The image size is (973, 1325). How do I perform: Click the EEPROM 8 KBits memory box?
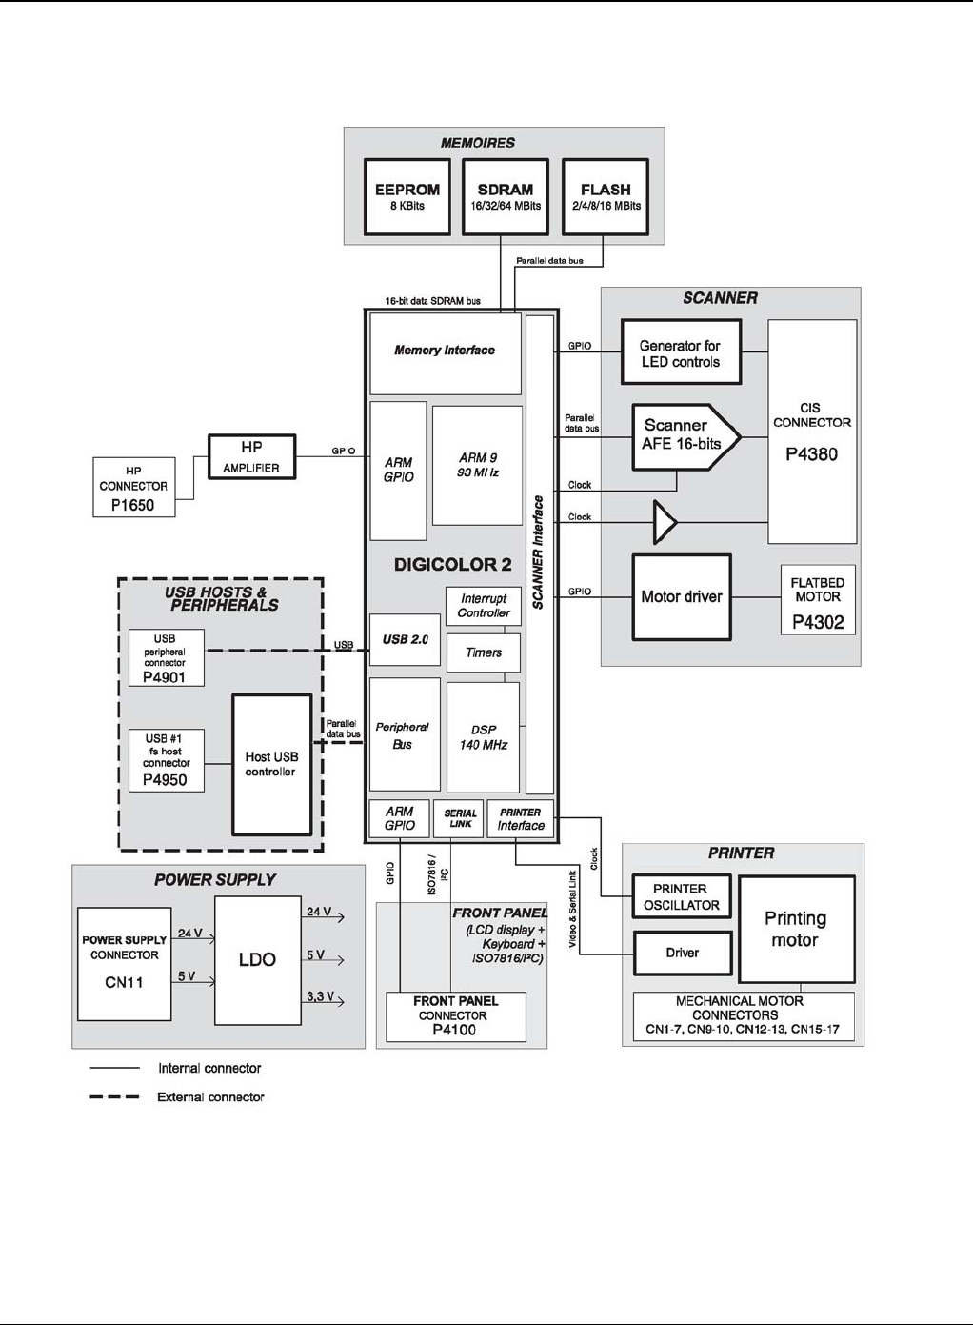tap(407, 196)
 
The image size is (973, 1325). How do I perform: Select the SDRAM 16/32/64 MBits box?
tap(506, 196)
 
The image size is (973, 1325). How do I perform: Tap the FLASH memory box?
tap(606, 196)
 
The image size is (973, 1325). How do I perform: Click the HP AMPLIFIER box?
tap(251, 456)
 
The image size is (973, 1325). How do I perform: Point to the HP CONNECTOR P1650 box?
tap(133, 487)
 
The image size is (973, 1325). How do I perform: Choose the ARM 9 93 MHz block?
tap(477, 465)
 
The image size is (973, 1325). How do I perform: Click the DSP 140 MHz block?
tap(483, 736)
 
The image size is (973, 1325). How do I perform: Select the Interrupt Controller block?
tap(484, 606)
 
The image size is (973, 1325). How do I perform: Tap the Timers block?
tap(484, 652)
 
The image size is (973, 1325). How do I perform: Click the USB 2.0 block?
tap(406, 639)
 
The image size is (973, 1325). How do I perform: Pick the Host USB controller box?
tap(271, 764)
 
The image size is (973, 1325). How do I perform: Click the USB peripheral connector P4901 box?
tap(166, 657)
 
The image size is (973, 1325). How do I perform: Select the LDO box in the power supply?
tap(257, 959)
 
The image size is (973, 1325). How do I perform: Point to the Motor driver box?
tap(682, 597)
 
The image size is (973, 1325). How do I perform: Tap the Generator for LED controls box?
tap(681, 353)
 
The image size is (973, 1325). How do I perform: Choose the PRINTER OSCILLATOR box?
tap(682, 896)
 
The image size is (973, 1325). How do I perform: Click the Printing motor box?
tap(796, 929)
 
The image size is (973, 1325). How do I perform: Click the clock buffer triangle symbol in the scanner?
tap(664, 522)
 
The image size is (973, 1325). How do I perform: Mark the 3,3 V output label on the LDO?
tap(320, 997)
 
